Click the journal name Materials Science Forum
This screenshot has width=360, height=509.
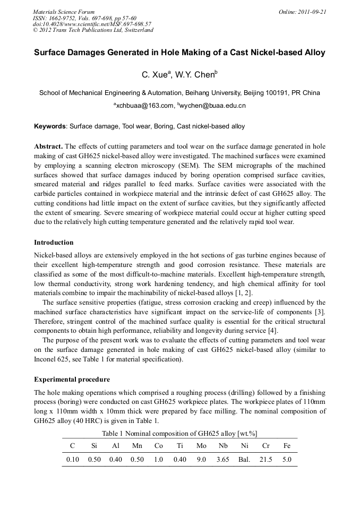click(x=64, y=12)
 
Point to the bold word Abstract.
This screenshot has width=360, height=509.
click(x=48, y=146)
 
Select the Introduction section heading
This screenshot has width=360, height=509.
click(x=54, y=243)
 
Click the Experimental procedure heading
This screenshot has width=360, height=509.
click(x=72, y=379)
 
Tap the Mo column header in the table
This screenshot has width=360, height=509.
click(x=201, y=446)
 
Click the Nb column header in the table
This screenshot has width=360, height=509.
click(x=223, y=446)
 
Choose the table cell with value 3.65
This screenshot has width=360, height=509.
click(x=223, y=460)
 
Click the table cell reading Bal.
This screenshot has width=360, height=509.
click(x=244, y=460)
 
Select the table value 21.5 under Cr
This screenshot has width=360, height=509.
click(x=265, y=460)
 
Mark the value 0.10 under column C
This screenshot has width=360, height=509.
click(x=72, y=460)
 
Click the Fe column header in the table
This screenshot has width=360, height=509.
click(x=287, y=446)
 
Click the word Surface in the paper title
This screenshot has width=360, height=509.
click(x=52, y=53)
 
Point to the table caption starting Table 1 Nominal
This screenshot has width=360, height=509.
click(x=179, y=433)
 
